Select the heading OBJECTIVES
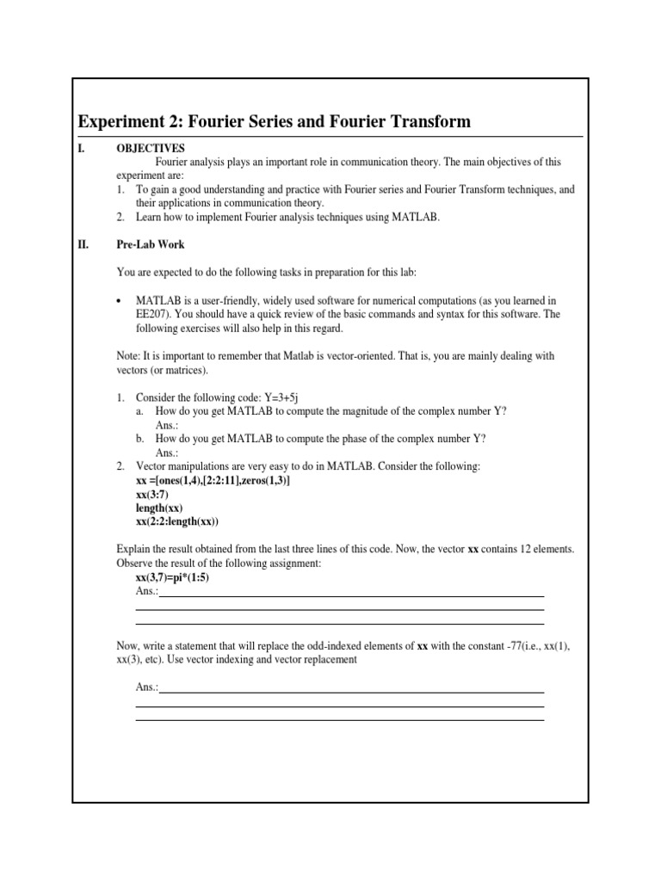[151, 148]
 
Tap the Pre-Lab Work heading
[151, 244]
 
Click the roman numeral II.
[83, 244]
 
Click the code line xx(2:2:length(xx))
[177, 521]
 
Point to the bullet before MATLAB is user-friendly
[120, 300]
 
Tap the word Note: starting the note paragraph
[129, 356]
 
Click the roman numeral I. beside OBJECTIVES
[82, 148]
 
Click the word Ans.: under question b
[167, 453]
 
